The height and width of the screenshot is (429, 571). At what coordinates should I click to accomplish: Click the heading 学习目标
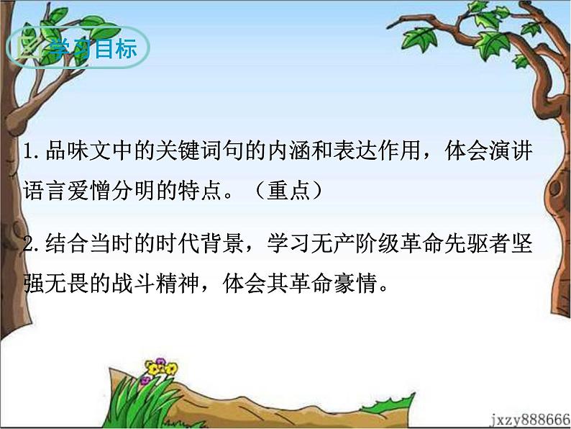[90, 49]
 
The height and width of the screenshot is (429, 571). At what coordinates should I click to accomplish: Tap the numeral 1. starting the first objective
[29, 153]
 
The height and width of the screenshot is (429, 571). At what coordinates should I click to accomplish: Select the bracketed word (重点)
[288, 191]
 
